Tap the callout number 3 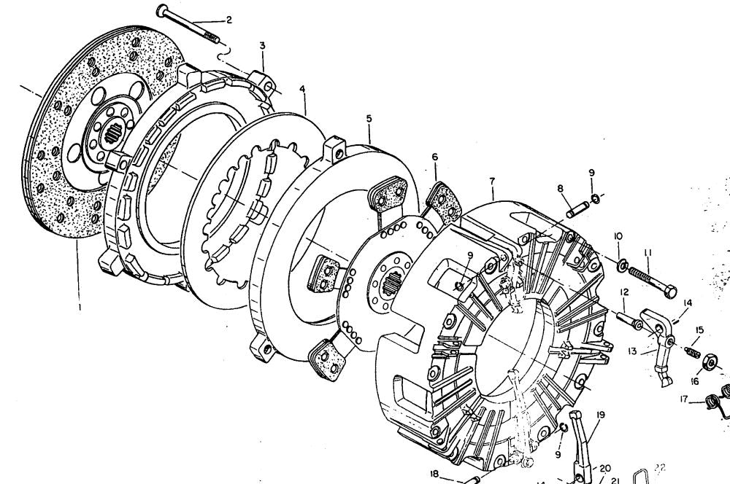[x=261, y=46]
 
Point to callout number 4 [x=302, y=90]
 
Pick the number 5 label [x=369, y=118]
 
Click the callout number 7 [x=493, y=180]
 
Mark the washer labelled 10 [x=622, y=263]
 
